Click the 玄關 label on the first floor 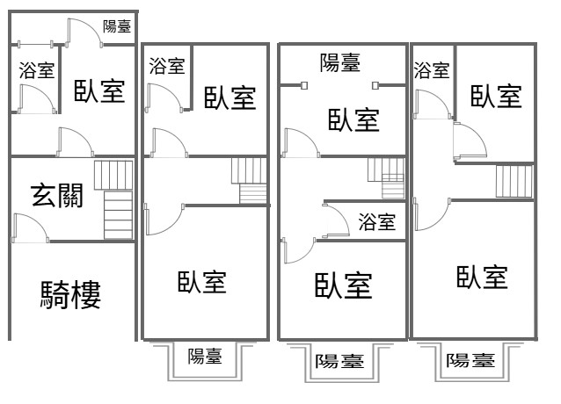coord(57,195)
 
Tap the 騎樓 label coord(70,295)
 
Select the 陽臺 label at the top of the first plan coord(117,26)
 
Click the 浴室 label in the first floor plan coord(37,70)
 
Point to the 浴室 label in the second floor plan coord(167,66)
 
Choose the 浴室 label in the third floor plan coord(377,222)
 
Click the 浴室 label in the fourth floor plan coord(432,70)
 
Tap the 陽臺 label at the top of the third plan coord(340,63)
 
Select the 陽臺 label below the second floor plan coord(205,356)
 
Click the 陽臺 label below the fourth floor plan coord(470,360)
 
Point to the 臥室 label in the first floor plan coord(99,91)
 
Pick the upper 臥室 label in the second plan coord(230,97)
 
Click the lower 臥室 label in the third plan coord(344,285)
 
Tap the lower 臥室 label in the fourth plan coord(482,278)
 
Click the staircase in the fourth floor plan coord(514,181)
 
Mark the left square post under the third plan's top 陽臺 coord(304,86)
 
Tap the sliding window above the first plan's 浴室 coord(35,45)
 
